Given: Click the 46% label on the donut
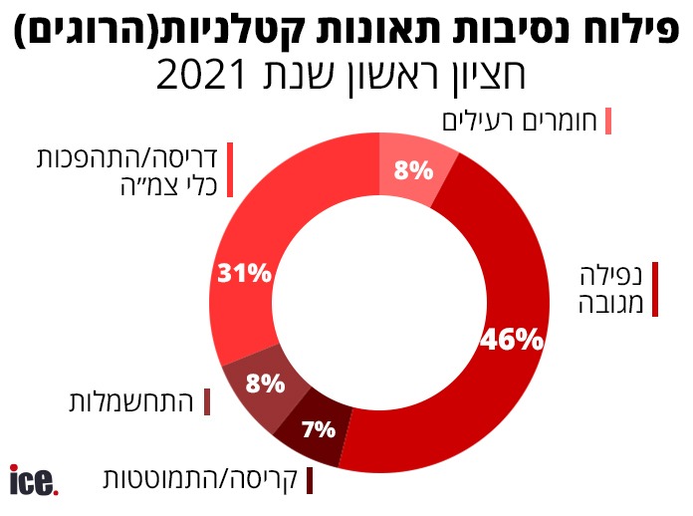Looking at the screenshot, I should click(511, 340).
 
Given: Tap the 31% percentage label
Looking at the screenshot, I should click(243, 273).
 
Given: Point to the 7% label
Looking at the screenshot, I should click(318, 430).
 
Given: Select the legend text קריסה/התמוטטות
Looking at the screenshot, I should click(200, 479).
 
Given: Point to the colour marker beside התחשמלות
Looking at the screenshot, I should click(207, 402).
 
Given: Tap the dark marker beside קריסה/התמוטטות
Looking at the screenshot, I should click(310, 479).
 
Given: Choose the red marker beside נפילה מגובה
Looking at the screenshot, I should click(656, 289).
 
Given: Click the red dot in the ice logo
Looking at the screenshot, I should click(56, 489).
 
